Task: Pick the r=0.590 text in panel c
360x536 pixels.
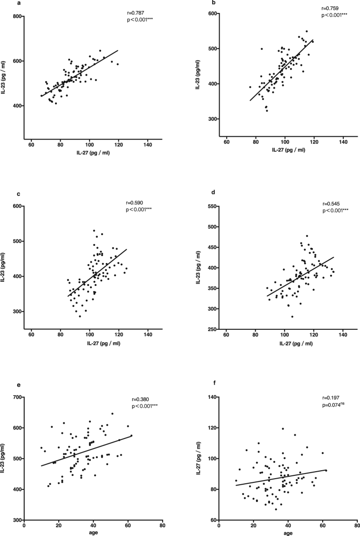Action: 135,203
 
